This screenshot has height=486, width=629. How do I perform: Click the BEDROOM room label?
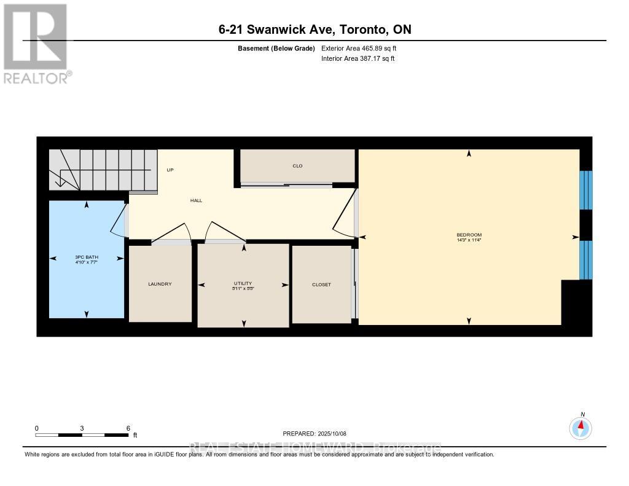469,235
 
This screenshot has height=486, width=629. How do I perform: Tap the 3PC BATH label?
86,257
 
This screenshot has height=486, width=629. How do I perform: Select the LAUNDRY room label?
160,284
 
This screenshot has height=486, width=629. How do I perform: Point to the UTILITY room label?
243,281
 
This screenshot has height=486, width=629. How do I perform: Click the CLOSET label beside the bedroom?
321,284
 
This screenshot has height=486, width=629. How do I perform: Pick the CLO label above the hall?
297,166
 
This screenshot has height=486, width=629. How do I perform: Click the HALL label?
196,200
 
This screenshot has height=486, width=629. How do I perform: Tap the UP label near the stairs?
170,170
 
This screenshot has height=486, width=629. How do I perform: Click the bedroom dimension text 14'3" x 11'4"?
469,240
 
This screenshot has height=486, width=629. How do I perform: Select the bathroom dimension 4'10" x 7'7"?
86,262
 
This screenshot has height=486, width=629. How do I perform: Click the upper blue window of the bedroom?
587,190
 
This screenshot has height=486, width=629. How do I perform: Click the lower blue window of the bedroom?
587,259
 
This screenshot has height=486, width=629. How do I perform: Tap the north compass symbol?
580,428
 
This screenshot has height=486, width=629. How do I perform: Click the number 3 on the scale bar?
82,428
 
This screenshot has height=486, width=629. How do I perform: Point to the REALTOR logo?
36,43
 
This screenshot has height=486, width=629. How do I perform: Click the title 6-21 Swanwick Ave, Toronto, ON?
314,29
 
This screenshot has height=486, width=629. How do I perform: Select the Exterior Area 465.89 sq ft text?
363,49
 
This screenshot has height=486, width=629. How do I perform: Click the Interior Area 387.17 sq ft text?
357,59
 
